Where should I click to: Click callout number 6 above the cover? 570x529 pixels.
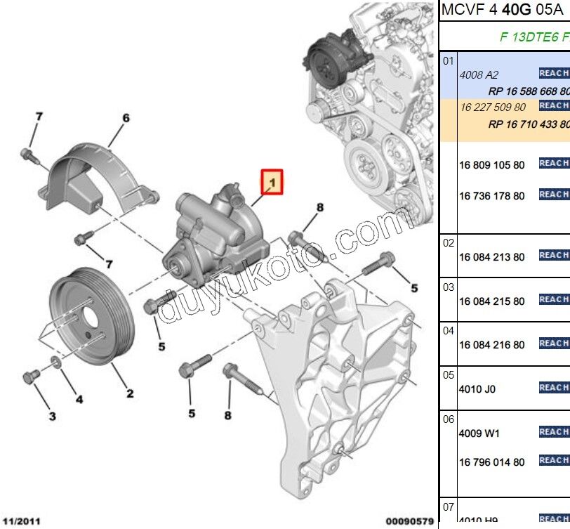pos(126,118)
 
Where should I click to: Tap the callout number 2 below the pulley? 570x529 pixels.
pos(131,393)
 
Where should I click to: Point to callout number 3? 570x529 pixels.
pos(52,417)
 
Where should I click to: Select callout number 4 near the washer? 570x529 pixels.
pos(79,400)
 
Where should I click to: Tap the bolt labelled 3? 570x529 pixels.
pos(30,377)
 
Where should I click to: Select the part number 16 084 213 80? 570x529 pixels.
pos(491,257)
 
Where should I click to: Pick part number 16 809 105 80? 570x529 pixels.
pos(491,165)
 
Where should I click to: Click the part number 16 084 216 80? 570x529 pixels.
pos(491,345)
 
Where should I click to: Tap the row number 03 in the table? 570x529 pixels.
pos(449,287)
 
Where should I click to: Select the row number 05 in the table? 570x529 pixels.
pos(449,374)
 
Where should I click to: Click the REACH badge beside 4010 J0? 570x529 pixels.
pos(554,388)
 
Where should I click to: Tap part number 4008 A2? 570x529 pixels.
pos(478,74)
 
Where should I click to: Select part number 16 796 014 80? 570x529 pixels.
pos(491,462)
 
